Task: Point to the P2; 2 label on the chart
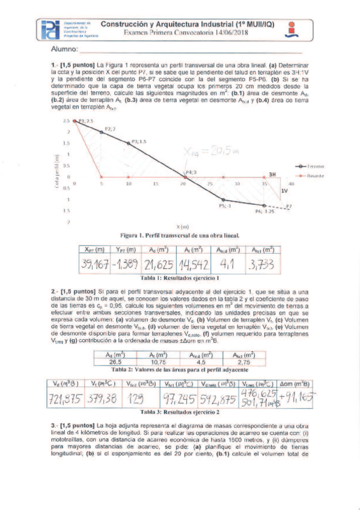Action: click(x=110, y=129)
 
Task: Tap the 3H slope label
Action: click(x=272, y=174)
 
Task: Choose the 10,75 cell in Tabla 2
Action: click(x=157, y=362)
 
